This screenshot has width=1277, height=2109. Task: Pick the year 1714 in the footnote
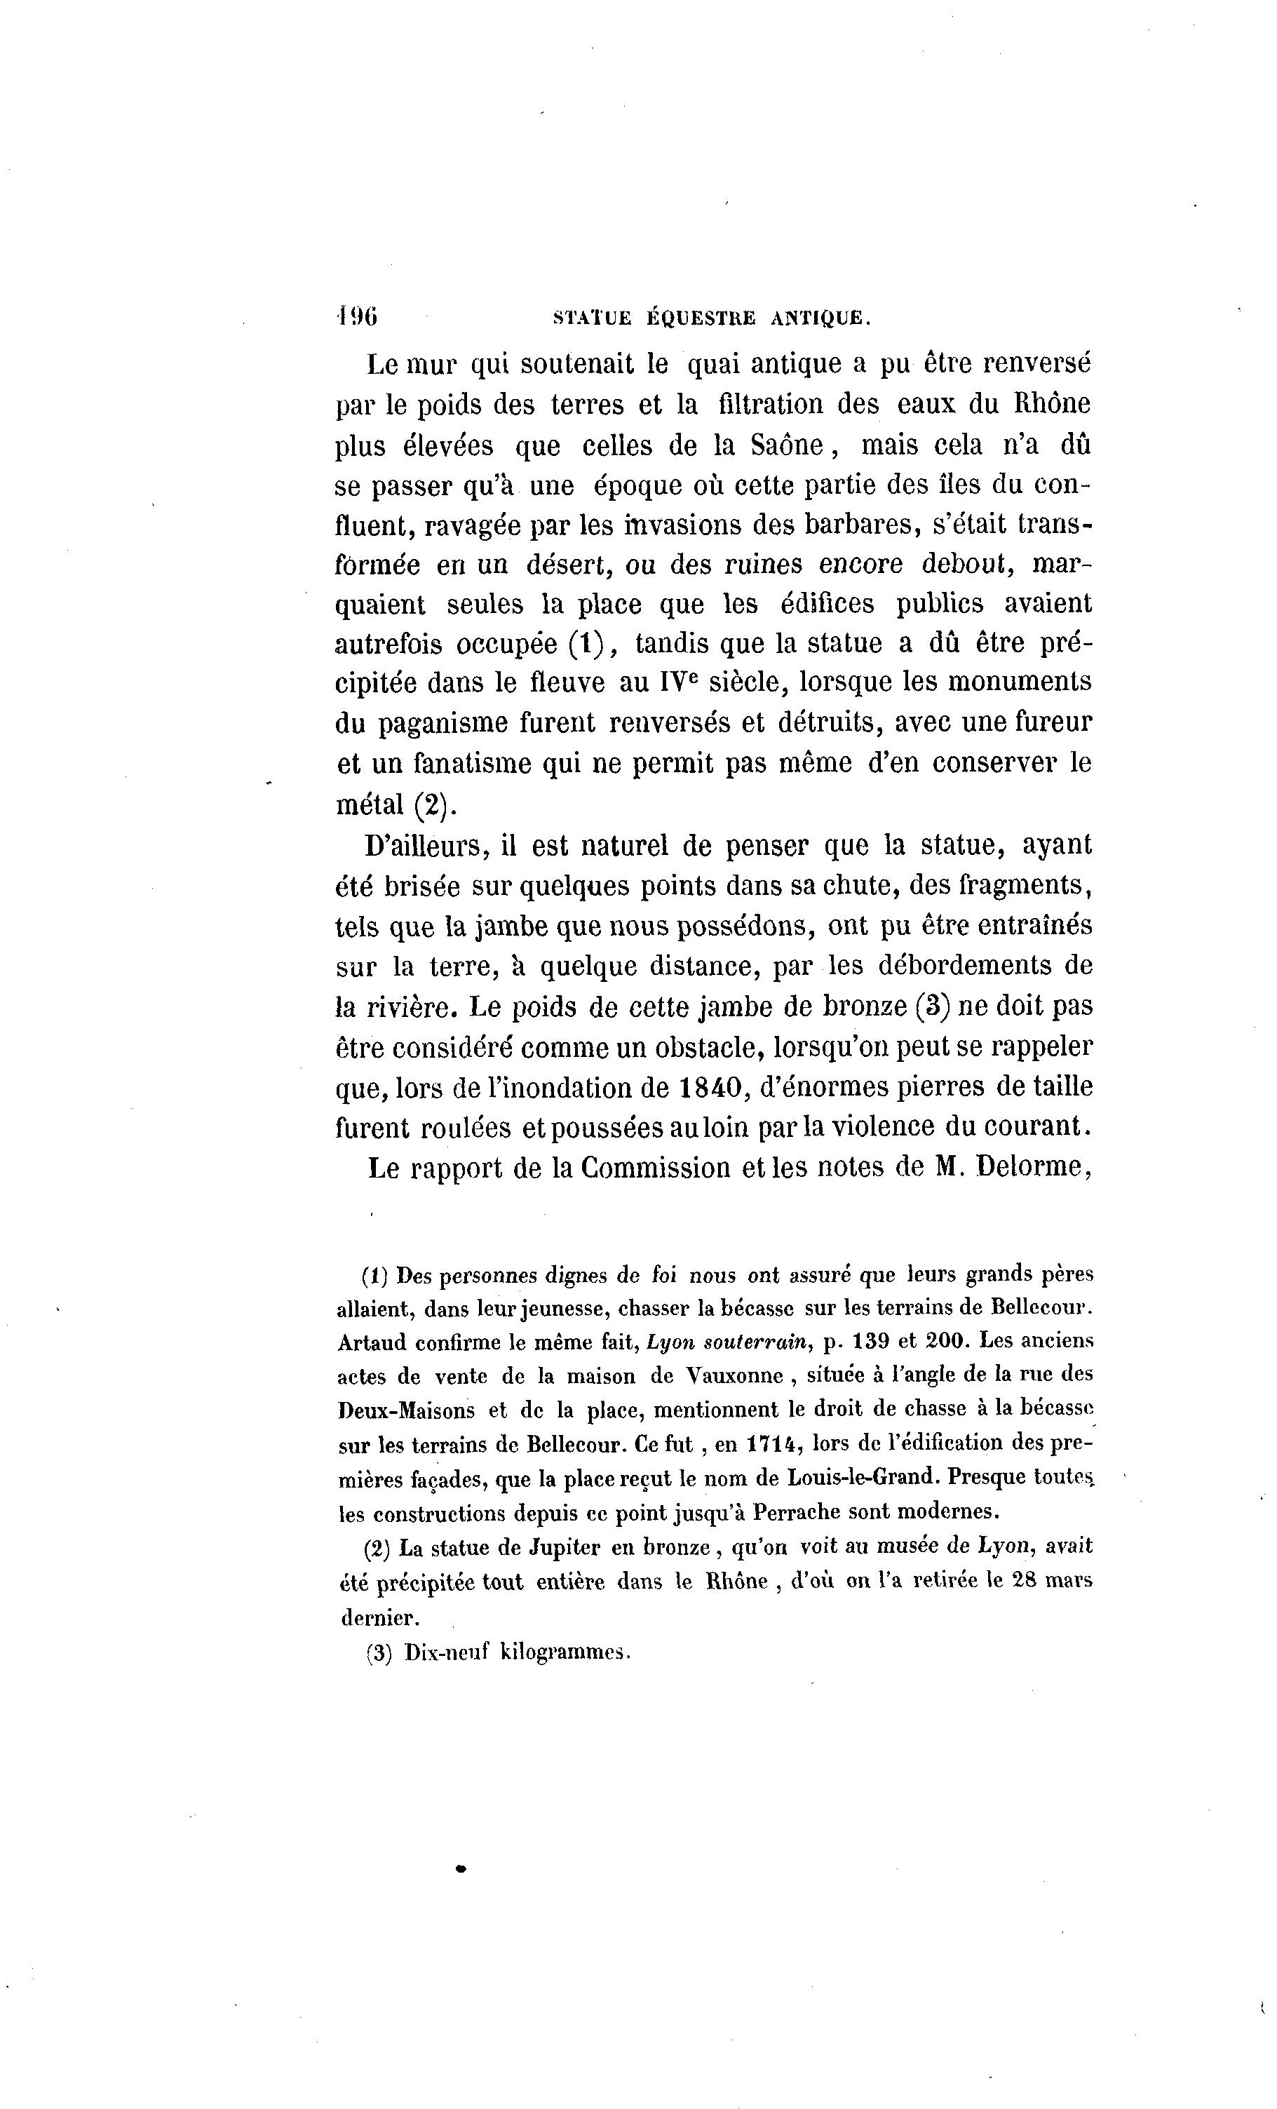click(x=773, y=1444)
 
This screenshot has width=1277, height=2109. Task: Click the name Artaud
click(x=372, y=1342)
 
